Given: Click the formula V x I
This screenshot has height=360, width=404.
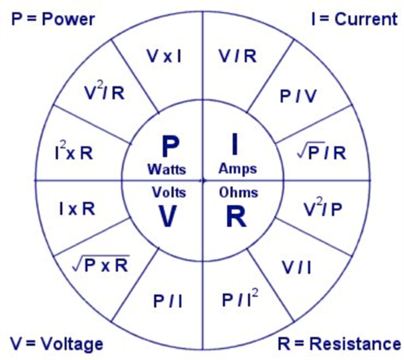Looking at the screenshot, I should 164,57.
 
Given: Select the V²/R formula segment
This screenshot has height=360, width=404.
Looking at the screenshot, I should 104,93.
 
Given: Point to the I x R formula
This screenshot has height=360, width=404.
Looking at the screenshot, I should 78,209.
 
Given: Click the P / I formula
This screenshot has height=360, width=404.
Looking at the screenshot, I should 167,301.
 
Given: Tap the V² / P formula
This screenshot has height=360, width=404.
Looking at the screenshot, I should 323,209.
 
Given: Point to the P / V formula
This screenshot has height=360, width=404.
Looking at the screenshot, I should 298,97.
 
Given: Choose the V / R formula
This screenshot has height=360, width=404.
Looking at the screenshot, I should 237,57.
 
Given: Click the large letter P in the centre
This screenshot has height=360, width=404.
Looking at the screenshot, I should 170,147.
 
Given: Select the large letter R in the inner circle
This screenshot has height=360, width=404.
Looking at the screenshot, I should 235,216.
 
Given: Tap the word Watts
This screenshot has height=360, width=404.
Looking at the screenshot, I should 166,170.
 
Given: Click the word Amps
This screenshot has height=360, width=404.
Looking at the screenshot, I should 238,170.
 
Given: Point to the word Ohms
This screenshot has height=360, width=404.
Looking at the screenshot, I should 238,192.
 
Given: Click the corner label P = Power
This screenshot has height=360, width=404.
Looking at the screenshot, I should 53,19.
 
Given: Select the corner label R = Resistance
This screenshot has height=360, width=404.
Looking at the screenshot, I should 339,344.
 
